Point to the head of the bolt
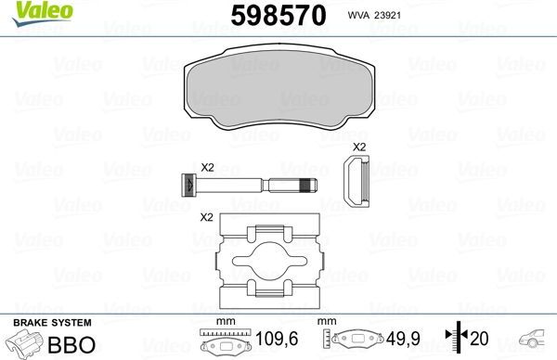188,185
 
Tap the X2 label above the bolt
207,167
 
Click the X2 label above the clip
359,148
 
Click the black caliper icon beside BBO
24,344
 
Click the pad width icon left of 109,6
224,343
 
